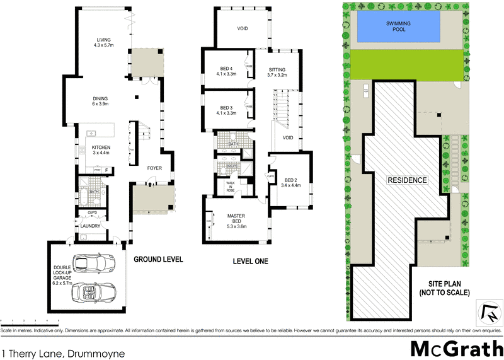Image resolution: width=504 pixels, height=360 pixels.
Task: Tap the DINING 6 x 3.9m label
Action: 101,102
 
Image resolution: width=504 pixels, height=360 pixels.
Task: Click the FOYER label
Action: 154,168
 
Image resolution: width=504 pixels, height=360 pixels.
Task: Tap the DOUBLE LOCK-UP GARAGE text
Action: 65,277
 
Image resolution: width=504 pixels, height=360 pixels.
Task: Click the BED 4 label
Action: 227,71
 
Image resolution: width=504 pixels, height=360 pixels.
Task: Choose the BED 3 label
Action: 227,110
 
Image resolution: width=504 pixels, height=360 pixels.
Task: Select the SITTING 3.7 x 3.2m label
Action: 277,72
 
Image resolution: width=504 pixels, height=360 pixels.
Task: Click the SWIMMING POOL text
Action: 398,26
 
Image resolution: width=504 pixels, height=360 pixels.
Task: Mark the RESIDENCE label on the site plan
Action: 407,180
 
